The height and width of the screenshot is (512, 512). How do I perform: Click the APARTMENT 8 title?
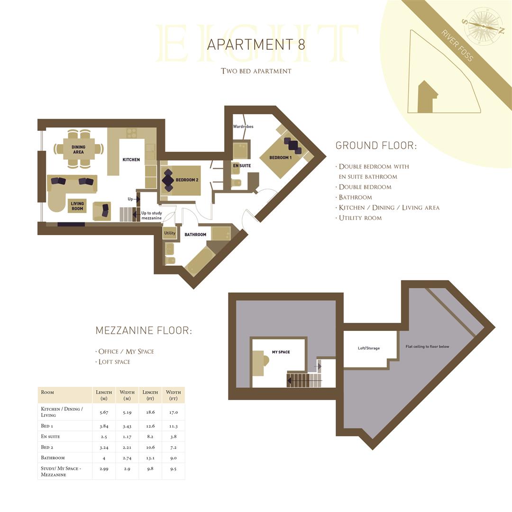click(256, 45)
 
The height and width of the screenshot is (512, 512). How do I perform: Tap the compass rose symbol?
click(483, 26)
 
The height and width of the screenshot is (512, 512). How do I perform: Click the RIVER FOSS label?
click(457, 46)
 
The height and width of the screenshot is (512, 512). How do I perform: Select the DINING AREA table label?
click(79, 150)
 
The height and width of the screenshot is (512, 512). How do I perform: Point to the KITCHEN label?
click(131, 160)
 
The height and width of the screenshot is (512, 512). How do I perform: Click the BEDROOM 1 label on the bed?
click(281, 157)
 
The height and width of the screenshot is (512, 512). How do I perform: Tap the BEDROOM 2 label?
click(187, 180)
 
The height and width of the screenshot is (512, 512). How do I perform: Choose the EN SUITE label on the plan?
click(242, 165)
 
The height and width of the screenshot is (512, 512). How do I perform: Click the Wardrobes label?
click(243, 127)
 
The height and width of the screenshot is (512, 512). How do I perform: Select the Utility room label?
click(169, 233)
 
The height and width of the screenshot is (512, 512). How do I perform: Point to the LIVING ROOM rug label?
click(77, 206)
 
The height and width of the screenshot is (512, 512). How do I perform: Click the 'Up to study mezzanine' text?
click(152, 216)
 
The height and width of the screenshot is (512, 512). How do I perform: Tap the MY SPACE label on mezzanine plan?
click(281, 352)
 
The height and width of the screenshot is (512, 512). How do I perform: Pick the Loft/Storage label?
click(369, 348)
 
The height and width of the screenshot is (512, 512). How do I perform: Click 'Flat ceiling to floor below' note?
click(427, 347)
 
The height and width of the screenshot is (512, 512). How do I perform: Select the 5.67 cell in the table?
click(104, 412)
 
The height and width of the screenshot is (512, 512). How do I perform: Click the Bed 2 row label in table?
click(46, 447)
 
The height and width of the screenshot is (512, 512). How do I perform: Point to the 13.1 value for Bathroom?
click(150, 458)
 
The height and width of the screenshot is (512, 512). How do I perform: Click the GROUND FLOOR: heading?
click(376, 146)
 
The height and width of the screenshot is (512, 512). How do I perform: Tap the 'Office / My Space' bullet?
click(126, 351)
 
